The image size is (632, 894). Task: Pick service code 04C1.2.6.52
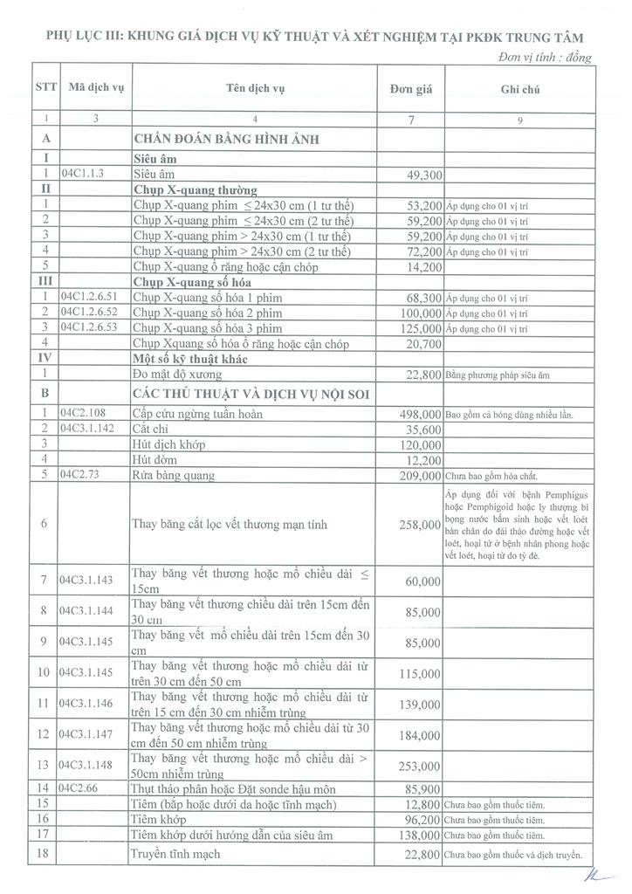[93, 312]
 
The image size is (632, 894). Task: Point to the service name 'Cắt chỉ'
[152, 429]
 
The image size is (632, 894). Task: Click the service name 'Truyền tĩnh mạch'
[176, 854]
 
